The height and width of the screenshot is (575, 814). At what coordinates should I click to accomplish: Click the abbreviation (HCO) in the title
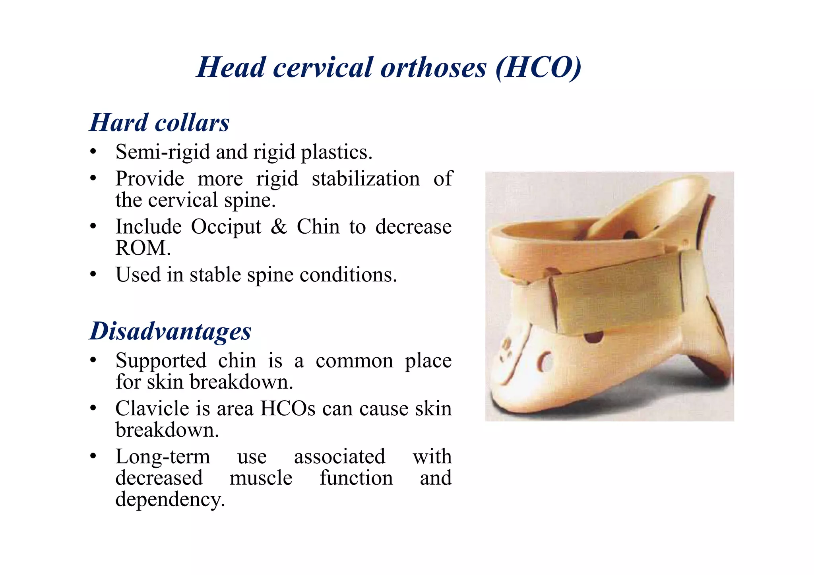click(x=539, y=68)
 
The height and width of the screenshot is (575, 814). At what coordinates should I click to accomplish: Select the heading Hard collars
click(x=159, y=122)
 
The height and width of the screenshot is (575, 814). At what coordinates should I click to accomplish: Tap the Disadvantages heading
click(x=170, y=331)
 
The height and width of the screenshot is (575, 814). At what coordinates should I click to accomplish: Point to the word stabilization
click(x=366, y=179)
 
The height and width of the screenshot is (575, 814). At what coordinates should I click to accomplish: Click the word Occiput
click(x=226, y=227)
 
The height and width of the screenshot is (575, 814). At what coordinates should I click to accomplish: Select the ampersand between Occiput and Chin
click(x=279, y=227)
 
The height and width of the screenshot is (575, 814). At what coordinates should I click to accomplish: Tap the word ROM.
click(x=143, y=248)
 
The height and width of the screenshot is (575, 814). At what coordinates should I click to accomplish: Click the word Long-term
click(x=163, y=457)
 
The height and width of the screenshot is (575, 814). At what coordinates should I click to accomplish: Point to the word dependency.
click(x=170, y=500)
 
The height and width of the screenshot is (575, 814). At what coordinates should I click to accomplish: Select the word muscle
click(x=261, y=478)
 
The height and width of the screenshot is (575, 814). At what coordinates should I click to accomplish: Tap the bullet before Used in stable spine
click(x=93, y=275)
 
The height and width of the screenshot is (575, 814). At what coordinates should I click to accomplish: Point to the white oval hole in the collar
click(x=547, y=362)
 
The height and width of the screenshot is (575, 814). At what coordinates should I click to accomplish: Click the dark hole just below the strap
click(x=594, y=337)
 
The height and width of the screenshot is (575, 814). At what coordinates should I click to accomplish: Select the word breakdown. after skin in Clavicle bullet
click(x=167, y=430)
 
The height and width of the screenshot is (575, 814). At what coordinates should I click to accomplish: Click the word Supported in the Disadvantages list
click(x=161, y=361)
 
